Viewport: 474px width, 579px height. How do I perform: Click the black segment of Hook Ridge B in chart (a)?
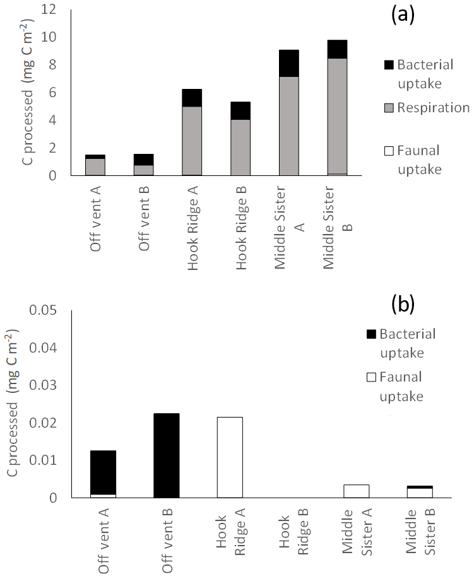click(240, 110)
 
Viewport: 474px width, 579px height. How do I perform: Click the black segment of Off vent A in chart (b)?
click(103, 472)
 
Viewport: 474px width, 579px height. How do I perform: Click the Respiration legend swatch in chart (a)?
click(389, 108)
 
